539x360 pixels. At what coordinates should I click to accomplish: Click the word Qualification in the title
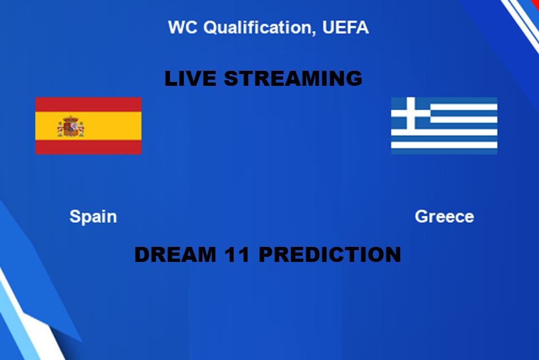(258, 27)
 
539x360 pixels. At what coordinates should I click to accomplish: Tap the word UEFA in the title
(346, 27)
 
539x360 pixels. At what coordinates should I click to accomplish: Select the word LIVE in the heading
(191, 79)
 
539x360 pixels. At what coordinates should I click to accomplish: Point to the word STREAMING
(293, 79)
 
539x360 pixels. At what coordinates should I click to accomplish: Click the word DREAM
(176, 255)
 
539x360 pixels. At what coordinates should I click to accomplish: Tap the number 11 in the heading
(237, 255)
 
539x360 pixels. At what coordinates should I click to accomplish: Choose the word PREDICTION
(329, 255)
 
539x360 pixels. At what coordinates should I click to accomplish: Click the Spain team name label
(93, 217)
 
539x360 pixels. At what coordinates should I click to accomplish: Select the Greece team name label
(444, 217)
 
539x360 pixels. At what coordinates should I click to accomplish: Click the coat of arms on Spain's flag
(71, 126)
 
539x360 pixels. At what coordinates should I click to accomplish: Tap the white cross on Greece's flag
(411, 114)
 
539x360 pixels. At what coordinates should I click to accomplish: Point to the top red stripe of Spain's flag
(88, 105)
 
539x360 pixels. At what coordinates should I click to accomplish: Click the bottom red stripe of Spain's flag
(88, 147)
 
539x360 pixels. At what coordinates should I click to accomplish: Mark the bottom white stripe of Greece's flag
(444, 145)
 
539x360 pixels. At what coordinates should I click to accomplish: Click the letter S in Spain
(75, 217)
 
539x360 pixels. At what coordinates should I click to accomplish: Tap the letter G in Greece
(422, 217)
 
